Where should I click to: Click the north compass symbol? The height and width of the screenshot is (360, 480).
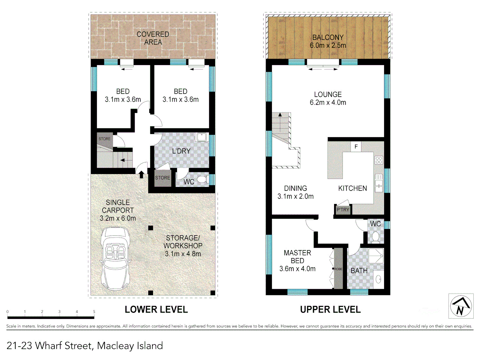click(x=461, y=306)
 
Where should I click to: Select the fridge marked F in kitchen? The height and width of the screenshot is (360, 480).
click(x=356, y=146)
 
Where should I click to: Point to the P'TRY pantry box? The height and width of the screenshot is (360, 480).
click(x=343, y=210)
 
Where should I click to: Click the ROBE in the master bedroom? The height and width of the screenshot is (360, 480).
click(x=338, y=269)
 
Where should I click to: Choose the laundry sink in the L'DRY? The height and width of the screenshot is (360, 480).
click(x=201, y=137)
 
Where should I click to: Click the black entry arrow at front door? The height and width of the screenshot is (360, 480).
click(x=141, y=174)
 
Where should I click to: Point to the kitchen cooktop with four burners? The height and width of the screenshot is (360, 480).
click(x=379, y=160)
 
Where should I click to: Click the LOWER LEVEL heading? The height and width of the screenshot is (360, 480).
click(x=156, y=310)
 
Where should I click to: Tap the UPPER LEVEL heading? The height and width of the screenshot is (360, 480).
click(x=330, y=310)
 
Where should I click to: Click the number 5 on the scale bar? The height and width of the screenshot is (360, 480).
click(x=94, y=312)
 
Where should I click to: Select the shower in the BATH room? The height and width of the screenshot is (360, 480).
click(x=376, y=256)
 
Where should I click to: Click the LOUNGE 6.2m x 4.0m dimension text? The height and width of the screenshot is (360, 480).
click(x=328, y=103)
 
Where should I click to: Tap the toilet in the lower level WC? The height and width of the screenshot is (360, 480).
click(x=202, y=180)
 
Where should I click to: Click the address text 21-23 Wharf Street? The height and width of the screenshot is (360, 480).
click(x=85, y=346)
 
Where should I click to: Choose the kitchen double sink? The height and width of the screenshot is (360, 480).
click(x=379, y=183)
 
